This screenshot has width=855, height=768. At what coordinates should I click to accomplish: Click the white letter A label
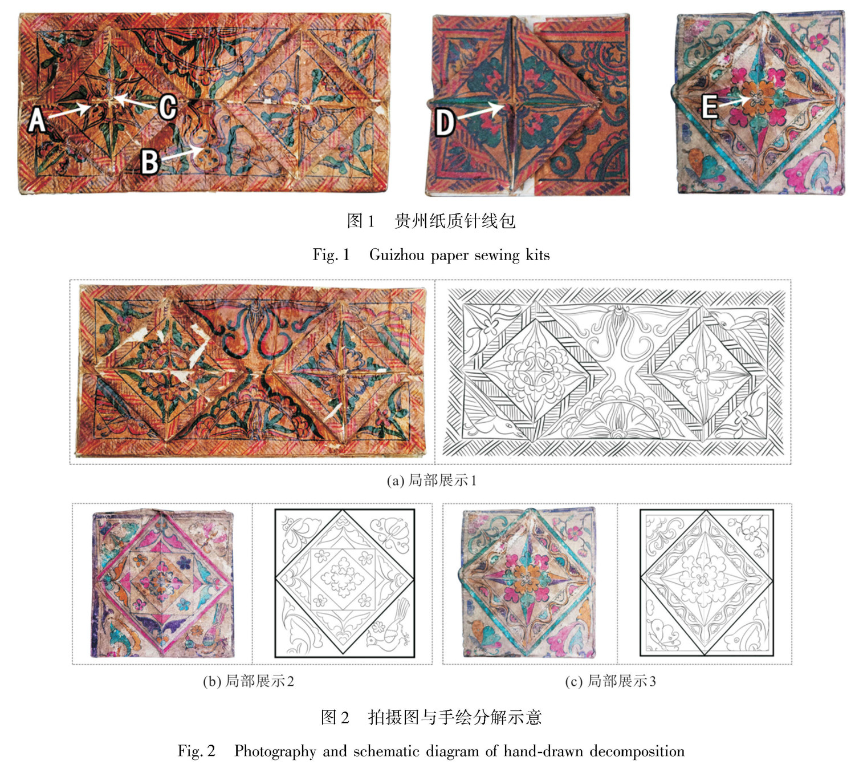click(36, 119)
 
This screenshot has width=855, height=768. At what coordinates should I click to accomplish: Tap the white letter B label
click(150, 162)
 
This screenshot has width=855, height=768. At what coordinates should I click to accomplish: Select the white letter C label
click(168, 107)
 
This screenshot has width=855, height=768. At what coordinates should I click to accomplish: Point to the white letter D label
click(445, 123)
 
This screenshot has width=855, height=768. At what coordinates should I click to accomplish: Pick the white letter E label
click(709, 106)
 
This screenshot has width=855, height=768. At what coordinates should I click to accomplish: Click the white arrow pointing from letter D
click(481, 111)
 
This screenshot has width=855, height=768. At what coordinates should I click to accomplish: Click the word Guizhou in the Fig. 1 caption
click(396, 255)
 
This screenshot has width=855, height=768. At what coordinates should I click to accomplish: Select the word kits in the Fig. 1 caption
click(537, 255)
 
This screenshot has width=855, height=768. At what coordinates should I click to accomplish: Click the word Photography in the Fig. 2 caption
click(275, 751)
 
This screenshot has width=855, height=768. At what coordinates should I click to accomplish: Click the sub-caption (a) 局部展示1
click(431, 480)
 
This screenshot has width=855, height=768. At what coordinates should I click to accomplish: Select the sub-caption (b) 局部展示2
click(248, 681)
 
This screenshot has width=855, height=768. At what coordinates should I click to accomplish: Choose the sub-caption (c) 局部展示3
click(610, 681)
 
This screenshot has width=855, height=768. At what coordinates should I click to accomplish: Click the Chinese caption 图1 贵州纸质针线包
click(431, 221)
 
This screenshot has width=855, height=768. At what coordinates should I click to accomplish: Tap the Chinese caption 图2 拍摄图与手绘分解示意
click(431, 717)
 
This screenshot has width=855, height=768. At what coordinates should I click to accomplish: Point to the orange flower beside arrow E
click(757, 98)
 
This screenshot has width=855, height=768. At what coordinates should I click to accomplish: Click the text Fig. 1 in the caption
click(331, 255)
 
